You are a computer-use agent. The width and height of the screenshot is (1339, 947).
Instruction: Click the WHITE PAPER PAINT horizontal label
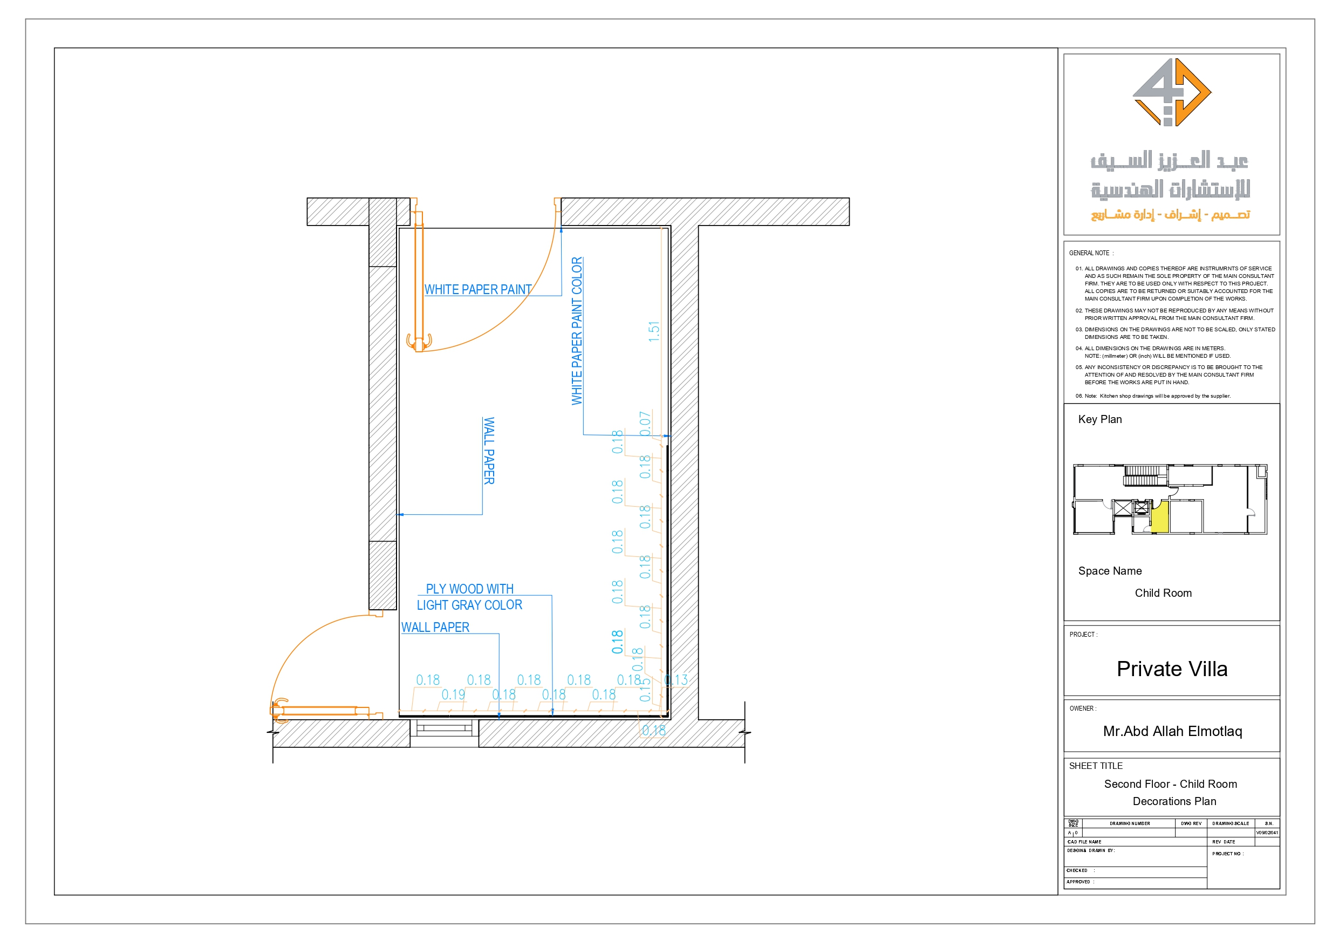pos(477,289)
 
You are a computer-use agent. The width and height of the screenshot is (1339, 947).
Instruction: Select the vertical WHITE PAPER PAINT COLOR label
pos(577,331)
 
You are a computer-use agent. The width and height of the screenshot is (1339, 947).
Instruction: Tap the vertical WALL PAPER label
pos(489,451)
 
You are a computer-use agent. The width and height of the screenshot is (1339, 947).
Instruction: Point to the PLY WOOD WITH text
pos(469,589)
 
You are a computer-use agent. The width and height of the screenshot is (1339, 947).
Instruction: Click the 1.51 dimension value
pos(654,331)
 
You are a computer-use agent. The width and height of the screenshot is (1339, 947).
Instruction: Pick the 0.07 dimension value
pos(645,424)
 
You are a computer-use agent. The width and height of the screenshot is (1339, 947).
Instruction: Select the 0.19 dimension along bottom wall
pos(453,694)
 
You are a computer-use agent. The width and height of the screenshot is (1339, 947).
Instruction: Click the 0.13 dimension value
pos(676,680)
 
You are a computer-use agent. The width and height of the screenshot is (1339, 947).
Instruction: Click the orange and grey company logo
pos(1172,92)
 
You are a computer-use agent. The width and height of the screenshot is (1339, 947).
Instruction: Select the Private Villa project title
pos(1172,669)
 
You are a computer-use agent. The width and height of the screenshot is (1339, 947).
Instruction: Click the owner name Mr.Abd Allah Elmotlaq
pos(1172,731)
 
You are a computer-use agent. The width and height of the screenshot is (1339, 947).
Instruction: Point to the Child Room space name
pos(1163,593)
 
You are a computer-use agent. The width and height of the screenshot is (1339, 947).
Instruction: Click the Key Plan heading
pos(1099,419)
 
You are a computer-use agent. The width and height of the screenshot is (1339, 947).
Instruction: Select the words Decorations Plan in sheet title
pos(1174,801)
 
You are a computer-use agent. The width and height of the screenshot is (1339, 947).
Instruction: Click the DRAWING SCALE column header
pos(1230,823)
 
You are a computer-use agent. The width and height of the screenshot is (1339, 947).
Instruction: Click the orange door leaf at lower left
pos(319,711)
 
